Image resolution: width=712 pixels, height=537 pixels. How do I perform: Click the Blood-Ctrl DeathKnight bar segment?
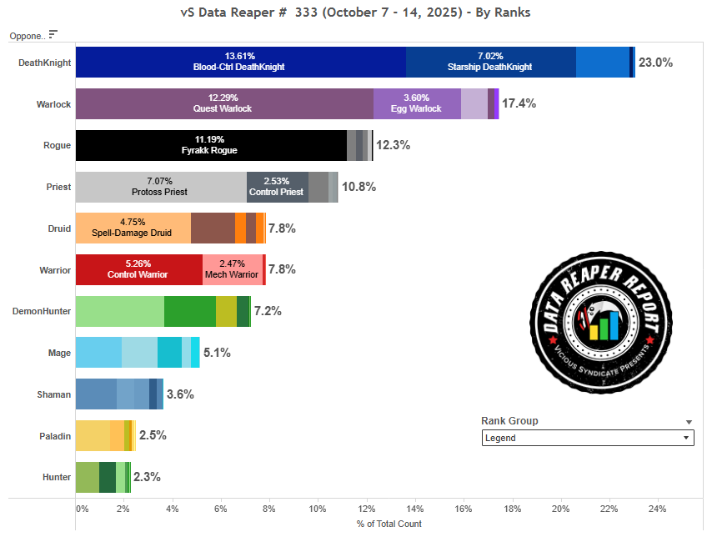click(240, 62)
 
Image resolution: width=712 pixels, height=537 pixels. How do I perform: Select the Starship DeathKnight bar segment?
click(490, 62)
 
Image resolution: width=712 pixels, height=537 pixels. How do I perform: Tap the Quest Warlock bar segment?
click(224, 103)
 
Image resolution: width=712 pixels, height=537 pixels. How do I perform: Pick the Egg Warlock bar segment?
click(417, 103)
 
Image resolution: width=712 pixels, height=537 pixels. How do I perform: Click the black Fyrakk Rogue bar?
click(211, 145)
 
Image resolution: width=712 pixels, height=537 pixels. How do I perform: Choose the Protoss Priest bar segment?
click(161, 187)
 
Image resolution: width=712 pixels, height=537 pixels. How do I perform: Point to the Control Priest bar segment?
click(277, 187)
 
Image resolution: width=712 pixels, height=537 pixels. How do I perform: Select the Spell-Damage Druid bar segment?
click(133, 228)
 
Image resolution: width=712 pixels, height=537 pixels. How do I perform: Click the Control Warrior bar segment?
click(138, 269)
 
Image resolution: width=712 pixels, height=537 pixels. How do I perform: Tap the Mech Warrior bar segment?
click(232, 269)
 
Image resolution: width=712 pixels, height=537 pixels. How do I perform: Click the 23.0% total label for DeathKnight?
click(655, 63)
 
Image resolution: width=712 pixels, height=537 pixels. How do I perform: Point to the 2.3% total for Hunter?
click(147, 477)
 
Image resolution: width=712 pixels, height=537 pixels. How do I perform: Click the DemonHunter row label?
click(42, 311)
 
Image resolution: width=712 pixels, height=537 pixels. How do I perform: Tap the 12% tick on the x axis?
click(367, 509)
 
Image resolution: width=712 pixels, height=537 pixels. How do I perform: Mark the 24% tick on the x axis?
click(657, 509)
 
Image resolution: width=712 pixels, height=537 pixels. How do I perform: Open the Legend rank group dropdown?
click(588, 438)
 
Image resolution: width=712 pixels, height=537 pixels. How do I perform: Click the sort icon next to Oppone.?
click(53, 35)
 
